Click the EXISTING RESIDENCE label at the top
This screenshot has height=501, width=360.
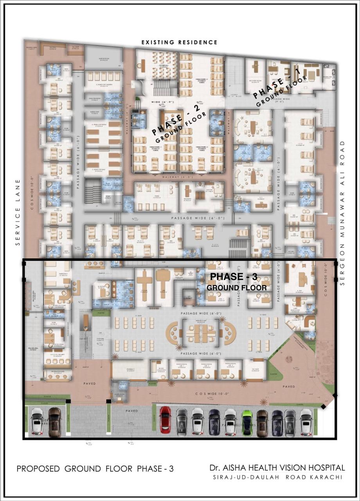(179, 42)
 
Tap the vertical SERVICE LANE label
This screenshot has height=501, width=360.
(18, 213)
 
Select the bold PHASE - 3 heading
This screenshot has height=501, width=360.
(233, 277)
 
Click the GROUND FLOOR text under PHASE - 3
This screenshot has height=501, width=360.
(237, 288)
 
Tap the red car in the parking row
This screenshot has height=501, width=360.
(166, 419)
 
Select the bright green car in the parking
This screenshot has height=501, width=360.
(247, 422)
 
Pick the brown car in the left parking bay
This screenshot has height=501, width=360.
(55, 422)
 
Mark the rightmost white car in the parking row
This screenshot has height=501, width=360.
(305, 422)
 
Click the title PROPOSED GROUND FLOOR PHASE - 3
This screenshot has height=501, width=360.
(95, 469)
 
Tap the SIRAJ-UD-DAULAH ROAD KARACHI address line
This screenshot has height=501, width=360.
(277, 477)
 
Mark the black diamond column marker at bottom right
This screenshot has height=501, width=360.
(323, 407)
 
